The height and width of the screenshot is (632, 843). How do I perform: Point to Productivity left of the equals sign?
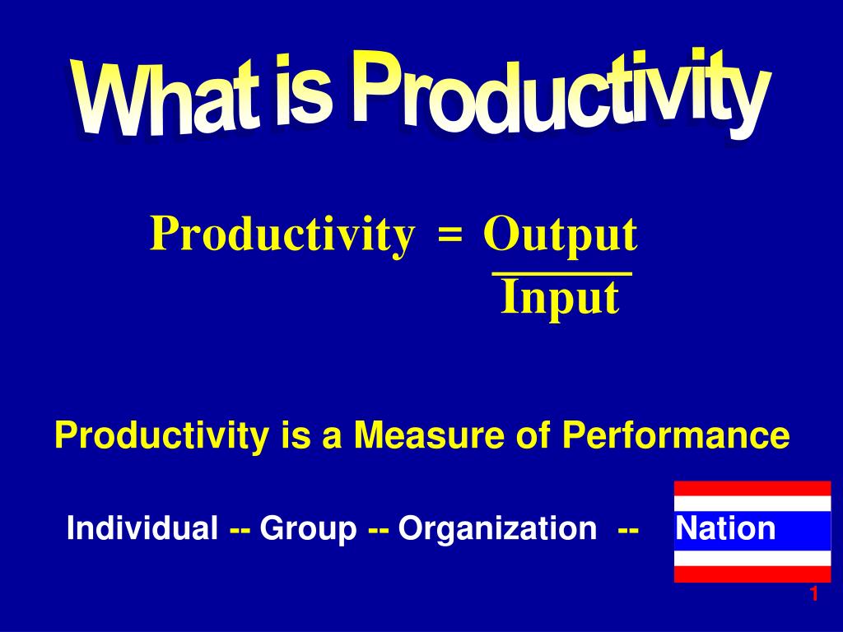pos(283,235)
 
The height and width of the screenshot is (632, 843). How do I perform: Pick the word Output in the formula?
pos(561,235)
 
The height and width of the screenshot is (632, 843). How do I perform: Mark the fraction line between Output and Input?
pos(562,275)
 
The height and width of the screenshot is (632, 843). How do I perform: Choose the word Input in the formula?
pos(560,298)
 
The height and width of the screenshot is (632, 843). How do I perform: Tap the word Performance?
pos(676,434)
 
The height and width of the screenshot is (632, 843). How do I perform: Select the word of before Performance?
pos(533,434)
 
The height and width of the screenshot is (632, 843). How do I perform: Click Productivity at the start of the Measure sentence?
pos(161,435)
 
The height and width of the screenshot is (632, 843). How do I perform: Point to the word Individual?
pos(142,527)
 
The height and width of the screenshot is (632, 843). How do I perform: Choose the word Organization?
pos(497,529)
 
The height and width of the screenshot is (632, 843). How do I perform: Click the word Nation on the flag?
pos(726,528)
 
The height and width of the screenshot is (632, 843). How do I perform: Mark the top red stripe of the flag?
pos(752,489)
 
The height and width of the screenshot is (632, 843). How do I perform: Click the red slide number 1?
pos(814,594)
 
